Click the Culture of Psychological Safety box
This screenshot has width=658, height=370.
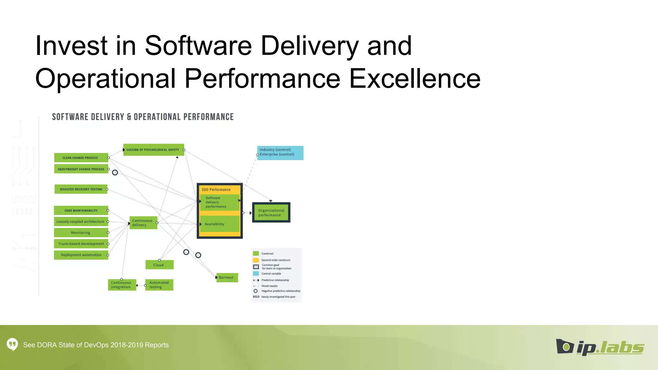pos(154,150)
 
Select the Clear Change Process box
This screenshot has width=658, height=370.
pos(81,158)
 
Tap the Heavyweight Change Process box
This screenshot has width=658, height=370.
pos(81,169)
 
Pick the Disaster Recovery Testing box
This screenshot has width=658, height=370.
pos(81,189)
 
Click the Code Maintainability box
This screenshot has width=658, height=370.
pos(81,210)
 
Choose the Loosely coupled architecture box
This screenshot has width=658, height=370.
pos(81,222)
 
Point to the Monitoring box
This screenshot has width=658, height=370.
pos(81,233)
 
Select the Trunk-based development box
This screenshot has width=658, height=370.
pos(81,244)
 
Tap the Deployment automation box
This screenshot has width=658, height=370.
pos(81,255)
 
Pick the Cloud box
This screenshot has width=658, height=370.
pos(159,265)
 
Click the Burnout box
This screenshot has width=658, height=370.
pos(227,277)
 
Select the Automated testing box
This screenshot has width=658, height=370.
pos(159,285)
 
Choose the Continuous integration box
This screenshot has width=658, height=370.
pos(122,285)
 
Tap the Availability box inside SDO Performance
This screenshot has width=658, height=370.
pos(220,224)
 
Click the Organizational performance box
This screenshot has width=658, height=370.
pos(271,213)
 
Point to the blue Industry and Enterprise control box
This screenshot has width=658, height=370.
pos(280,153)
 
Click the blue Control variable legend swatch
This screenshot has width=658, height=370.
pos(256,274)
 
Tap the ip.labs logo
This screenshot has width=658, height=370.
pos(600,347)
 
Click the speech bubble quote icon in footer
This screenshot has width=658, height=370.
pos(12,344)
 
